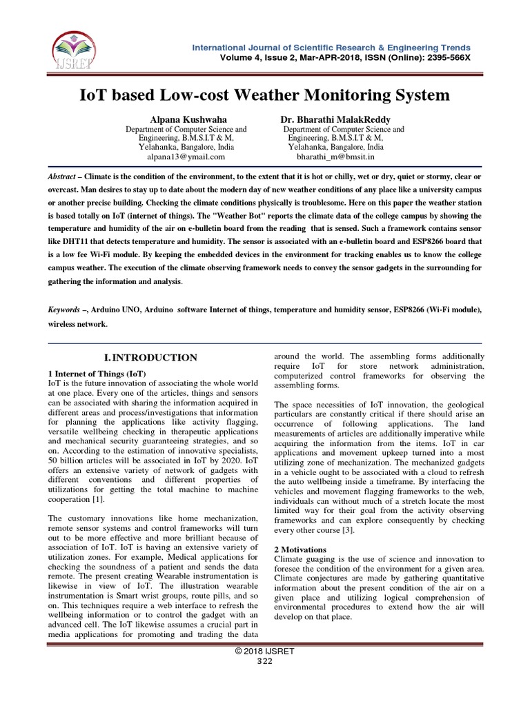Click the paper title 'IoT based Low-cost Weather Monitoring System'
coord(265,94)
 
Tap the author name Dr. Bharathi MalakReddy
coord(335,119)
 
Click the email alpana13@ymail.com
coord(186,157)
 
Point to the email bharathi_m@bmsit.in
coord(335,157)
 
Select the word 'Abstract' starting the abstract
coord(61,177)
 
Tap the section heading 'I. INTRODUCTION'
coord(150,357)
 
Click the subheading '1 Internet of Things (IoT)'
coord(97,373)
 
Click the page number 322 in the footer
coord(265,661)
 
